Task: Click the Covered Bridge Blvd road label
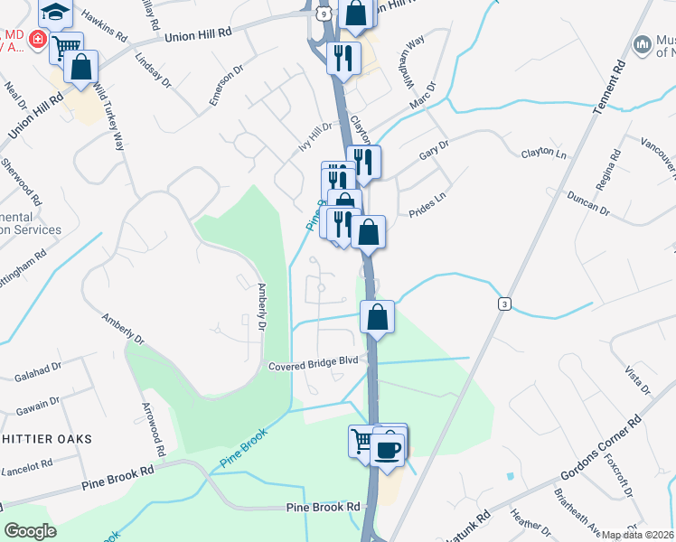coord(314,361)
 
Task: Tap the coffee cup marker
coord(388,448)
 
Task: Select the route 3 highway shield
coord(502,304)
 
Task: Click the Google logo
coord(32,531)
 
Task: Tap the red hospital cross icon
coord(37,40)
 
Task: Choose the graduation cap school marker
coord(55,12)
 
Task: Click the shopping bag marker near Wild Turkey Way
coord(81,68)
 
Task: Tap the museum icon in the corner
coord(643,43)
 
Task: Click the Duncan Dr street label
coord(589,202)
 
